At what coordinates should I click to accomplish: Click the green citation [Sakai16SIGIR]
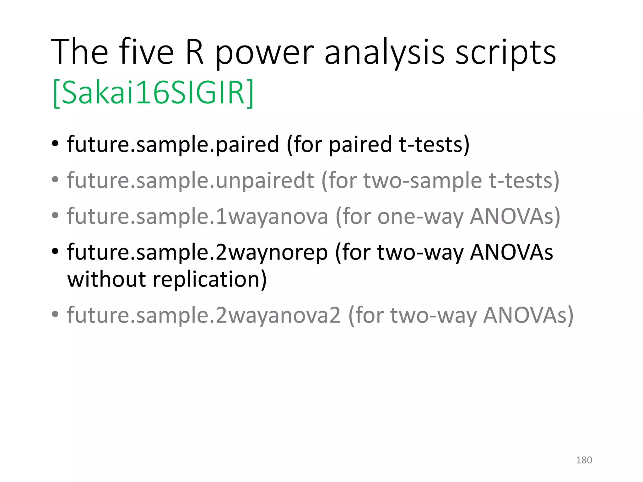coord(153,93)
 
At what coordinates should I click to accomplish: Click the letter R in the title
coord(194,52)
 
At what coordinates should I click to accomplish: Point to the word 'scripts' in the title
coord(505,53)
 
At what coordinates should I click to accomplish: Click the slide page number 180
coord(584,460)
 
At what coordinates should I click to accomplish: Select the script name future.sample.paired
coord(173,145)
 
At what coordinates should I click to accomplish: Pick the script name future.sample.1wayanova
coord(197,217)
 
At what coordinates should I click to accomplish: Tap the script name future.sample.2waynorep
coord(197,253)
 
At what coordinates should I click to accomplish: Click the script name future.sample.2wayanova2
coord(204,315)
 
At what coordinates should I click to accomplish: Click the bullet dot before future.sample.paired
coord(55,145)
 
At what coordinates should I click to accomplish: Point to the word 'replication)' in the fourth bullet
coord(209,279)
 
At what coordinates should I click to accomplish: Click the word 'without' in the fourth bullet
coord(106,279)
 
